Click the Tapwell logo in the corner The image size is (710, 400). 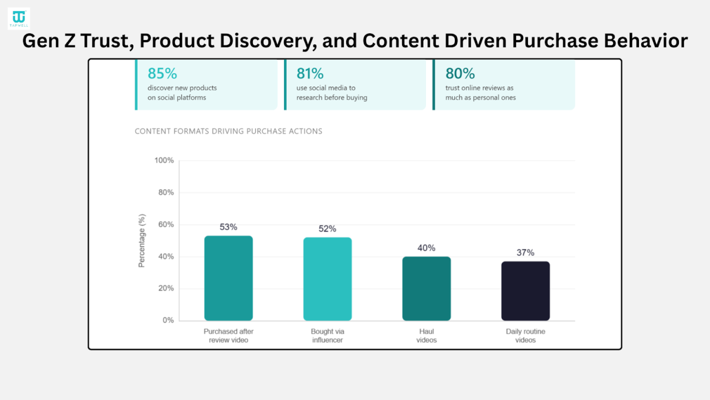[19, 18]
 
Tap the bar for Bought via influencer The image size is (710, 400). [327, 279]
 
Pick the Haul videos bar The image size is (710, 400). [426, 288]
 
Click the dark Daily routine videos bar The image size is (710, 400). [525, 291]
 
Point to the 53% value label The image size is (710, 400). [228, 227]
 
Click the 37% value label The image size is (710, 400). [525, 253]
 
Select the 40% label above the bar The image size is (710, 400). [426, 248]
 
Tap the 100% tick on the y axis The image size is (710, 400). [164, 160]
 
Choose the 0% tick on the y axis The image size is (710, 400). [168, 320]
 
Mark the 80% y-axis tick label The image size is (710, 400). [165, 193]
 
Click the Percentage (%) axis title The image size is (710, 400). [142, 241]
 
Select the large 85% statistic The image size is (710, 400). [162, 73]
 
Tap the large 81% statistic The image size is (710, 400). [310, 73]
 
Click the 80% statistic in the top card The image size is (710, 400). [460, 73]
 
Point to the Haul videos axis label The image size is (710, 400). [426, 335]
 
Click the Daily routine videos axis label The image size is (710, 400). [525, 335]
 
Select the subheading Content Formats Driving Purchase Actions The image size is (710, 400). [228, 131]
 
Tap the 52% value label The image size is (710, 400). [327, 229]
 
